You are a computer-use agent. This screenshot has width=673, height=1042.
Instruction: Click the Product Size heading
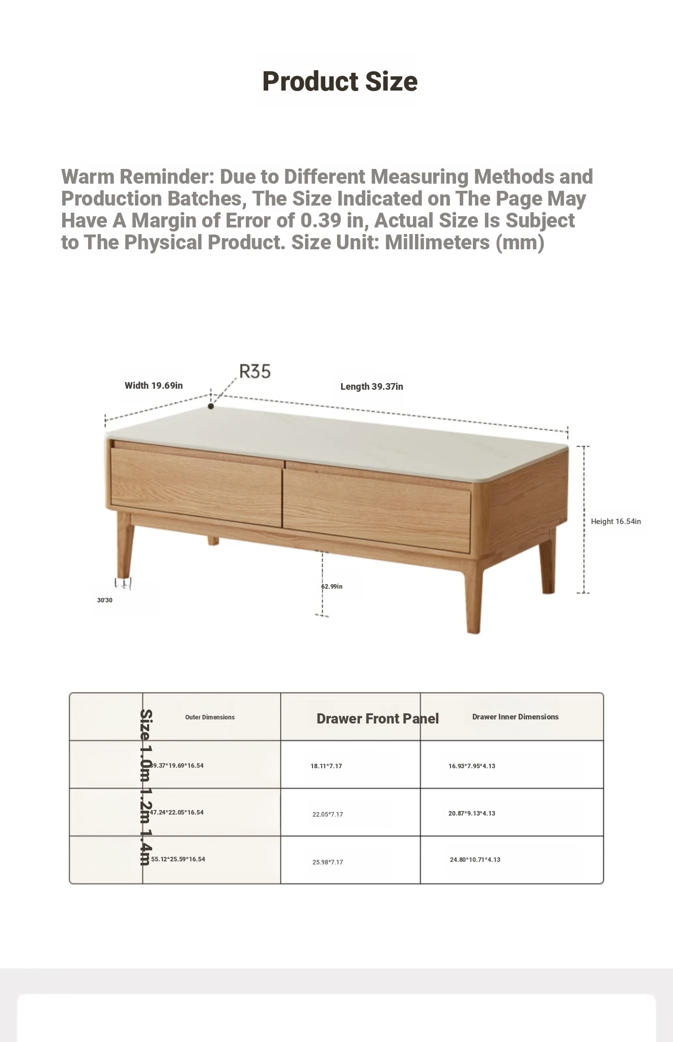[x=340, y=81]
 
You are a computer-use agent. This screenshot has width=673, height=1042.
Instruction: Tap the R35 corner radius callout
[x=255, y=371]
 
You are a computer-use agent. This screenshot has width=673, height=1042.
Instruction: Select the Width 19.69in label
[x=153, y=386]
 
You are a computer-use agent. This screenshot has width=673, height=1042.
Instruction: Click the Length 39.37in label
[x=372, y=387]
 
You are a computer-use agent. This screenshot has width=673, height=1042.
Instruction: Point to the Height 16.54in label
[x=615, y=522]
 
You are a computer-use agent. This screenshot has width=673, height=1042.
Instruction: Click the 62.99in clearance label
[x=332, y=587]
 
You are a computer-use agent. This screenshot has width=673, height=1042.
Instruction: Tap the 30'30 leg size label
[x=105, y=600]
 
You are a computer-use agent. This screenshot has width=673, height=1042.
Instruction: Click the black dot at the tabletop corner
[x=211, y=406]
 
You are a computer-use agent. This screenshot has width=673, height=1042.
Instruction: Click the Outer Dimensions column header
[x=210, y=717]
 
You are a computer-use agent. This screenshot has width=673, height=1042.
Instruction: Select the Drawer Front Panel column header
[x=377, y=718]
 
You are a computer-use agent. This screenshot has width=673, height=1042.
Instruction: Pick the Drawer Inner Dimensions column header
[x=515, y=717]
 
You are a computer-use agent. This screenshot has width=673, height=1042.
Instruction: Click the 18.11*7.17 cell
[x=326, y=766]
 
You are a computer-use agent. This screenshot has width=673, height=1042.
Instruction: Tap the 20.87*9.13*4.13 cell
[x=472, y=814]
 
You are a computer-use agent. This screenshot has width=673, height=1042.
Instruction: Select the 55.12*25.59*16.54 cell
[x=178, y=859]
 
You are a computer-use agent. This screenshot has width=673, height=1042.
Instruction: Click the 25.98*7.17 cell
[x=328, y=862]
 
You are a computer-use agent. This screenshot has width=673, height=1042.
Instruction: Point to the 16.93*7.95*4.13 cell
[x=472, y=766]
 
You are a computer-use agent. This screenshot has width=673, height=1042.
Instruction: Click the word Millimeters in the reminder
[x=438, y=243]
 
